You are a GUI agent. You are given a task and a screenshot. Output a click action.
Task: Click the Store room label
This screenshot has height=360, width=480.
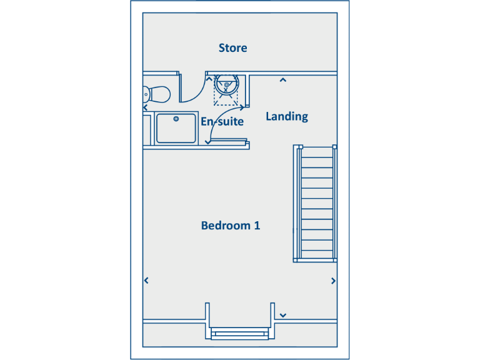pos(232,48)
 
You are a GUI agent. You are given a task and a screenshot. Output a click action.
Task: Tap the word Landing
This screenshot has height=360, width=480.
pos(287,116)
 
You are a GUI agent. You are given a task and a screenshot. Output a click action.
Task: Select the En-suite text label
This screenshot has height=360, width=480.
pos(222,121)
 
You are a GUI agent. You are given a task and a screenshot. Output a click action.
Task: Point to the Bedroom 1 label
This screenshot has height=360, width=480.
pos(230,226)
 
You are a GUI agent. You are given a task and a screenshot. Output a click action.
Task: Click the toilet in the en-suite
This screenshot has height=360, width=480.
pos(156,94)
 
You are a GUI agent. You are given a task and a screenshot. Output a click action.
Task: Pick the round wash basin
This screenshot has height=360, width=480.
pos(226,84)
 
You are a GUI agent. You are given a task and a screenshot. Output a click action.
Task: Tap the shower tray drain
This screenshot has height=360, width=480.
pos(176,118)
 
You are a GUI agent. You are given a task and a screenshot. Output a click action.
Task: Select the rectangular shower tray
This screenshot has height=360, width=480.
pos(177,128)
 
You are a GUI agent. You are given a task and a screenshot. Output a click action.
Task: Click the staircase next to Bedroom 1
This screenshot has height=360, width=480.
pos(316,203)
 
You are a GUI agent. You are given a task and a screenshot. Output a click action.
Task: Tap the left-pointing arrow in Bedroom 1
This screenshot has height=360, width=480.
pos(146,281)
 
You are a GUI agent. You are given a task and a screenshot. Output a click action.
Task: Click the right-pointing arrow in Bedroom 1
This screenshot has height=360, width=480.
pos(333,281)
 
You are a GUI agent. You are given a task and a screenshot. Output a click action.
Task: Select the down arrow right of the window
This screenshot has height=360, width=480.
pos(283,316)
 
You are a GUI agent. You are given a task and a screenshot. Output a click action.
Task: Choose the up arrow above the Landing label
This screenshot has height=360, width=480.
pos(282,80)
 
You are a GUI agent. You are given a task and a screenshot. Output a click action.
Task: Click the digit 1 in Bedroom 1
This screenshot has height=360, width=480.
pos(256,226)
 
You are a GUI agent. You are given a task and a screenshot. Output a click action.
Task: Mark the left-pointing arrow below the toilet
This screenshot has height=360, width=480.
pos(146,107)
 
